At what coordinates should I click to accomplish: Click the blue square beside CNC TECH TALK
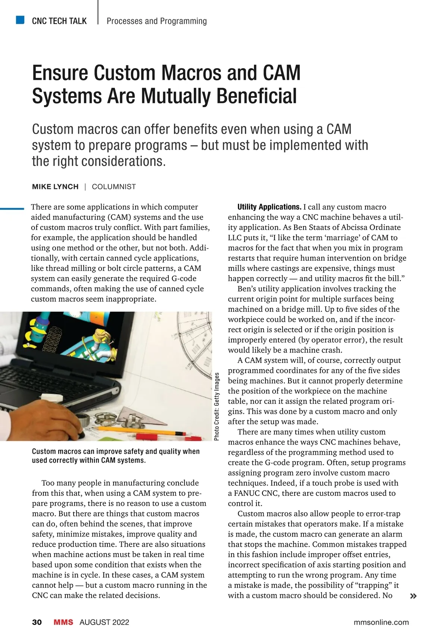pyautogui.click(x=20, y=20)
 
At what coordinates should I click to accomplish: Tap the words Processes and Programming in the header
pyautogui.click(x=156, y=21)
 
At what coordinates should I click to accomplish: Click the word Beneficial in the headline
pyautogui.click(x=256, y=96)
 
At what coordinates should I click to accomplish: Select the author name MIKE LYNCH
pyautogui.click(x=55, y=187)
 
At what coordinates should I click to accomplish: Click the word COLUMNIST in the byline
pyautogui.click(x=114, y=187)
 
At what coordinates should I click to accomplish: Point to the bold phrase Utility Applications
pyautogui.click(x=269, y=207)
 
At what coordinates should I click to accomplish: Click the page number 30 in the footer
pyautogui.click(x=37, y=622)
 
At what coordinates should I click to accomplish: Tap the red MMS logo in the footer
pyautogui.click(x=63, y=622)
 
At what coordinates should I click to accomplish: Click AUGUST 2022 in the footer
pyautogui.click(x=104, y=622)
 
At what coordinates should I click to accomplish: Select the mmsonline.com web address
pyautogui.click(x=381, y=622)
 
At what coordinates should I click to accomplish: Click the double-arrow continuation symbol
pyautogui.click(x=413, y=596)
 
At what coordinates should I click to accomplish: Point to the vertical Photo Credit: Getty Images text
pyautogui.click(x=217, y=407)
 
